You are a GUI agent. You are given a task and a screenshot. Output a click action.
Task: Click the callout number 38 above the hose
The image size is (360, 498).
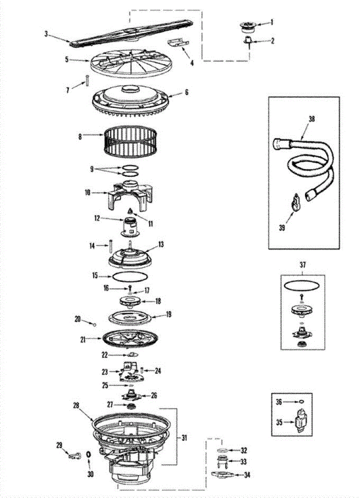point(311,119)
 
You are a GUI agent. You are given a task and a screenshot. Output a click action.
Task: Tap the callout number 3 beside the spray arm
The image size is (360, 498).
point(46,34)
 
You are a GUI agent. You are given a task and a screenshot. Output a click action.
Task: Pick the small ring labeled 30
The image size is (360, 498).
point(88,454)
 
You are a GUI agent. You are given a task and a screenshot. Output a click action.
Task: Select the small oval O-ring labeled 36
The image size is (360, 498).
point(302,401)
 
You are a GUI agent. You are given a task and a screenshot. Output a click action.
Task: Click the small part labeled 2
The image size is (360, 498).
point(248,40)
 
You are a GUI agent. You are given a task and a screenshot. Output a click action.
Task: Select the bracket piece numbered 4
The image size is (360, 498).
point(176,44)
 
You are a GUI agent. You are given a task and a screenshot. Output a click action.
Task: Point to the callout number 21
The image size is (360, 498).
point(83,339)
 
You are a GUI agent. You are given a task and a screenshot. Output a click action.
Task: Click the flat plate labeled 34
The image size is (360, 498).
point(224,474)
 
